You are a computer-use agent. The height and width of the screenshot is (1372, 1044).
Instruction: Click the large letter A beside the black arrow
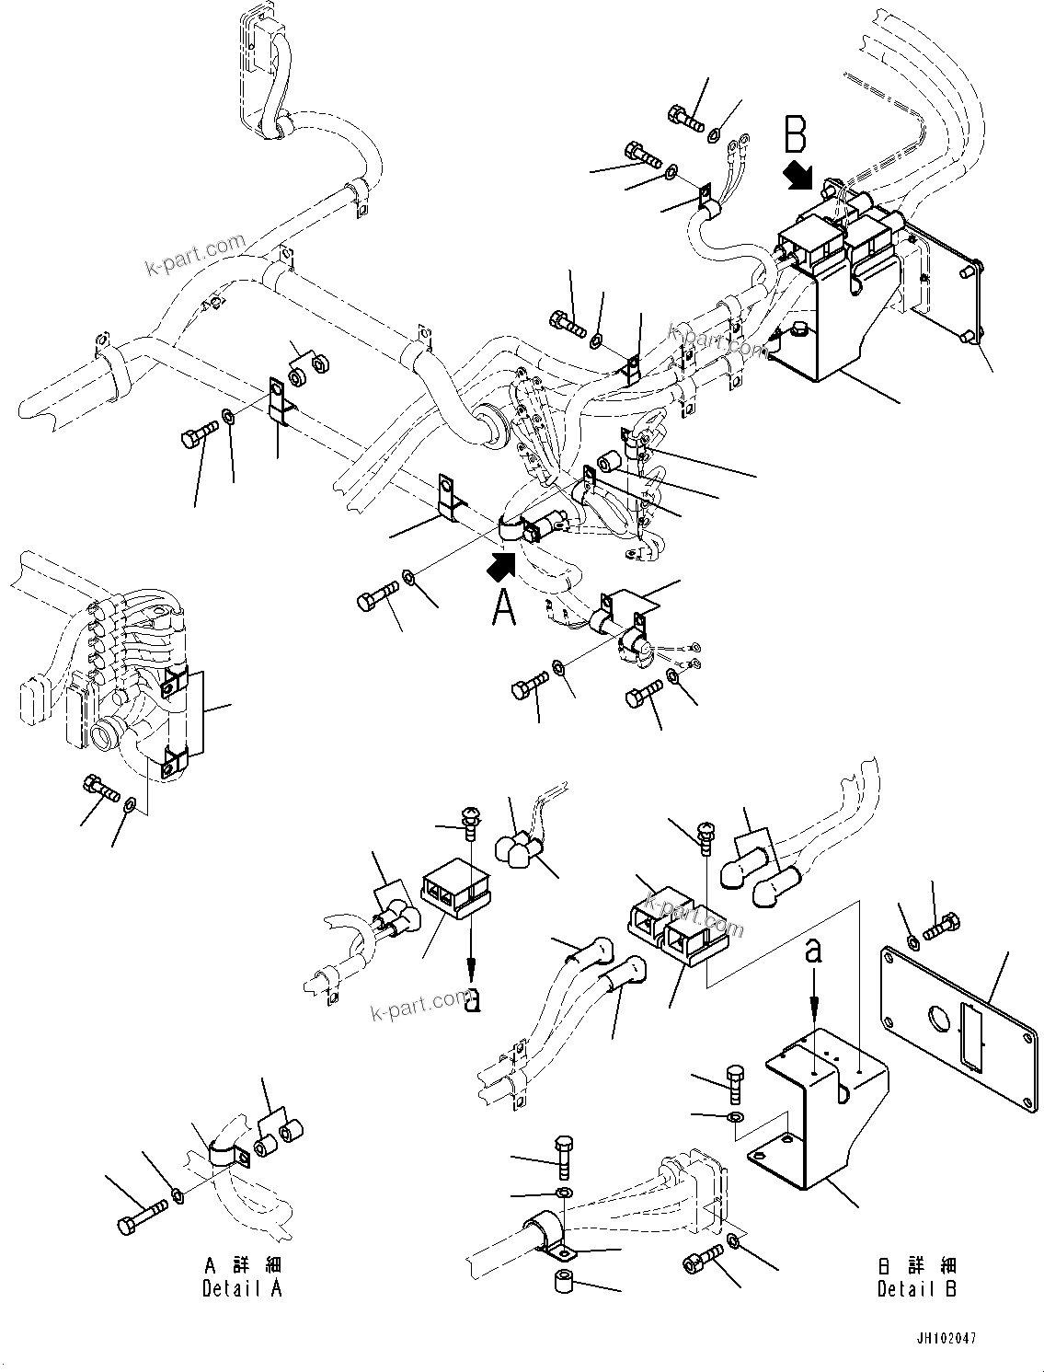[503, 608]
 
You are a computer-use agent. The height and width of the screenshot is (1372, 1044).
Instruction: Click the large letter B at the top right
[795, 133]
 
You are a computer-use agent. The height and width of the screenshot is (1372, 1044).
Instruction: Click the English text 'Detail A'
[242, 1288]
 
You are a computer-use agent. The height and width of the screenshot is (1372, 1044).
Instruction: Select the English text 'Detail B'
[916, 1288]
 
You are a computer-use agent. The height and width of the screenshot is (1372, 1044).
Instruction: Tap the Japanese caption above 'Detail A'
[242, 1266]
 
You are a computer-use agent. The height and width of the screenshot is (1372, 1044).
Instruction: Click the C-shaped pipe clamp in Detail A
[224, 1159]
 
